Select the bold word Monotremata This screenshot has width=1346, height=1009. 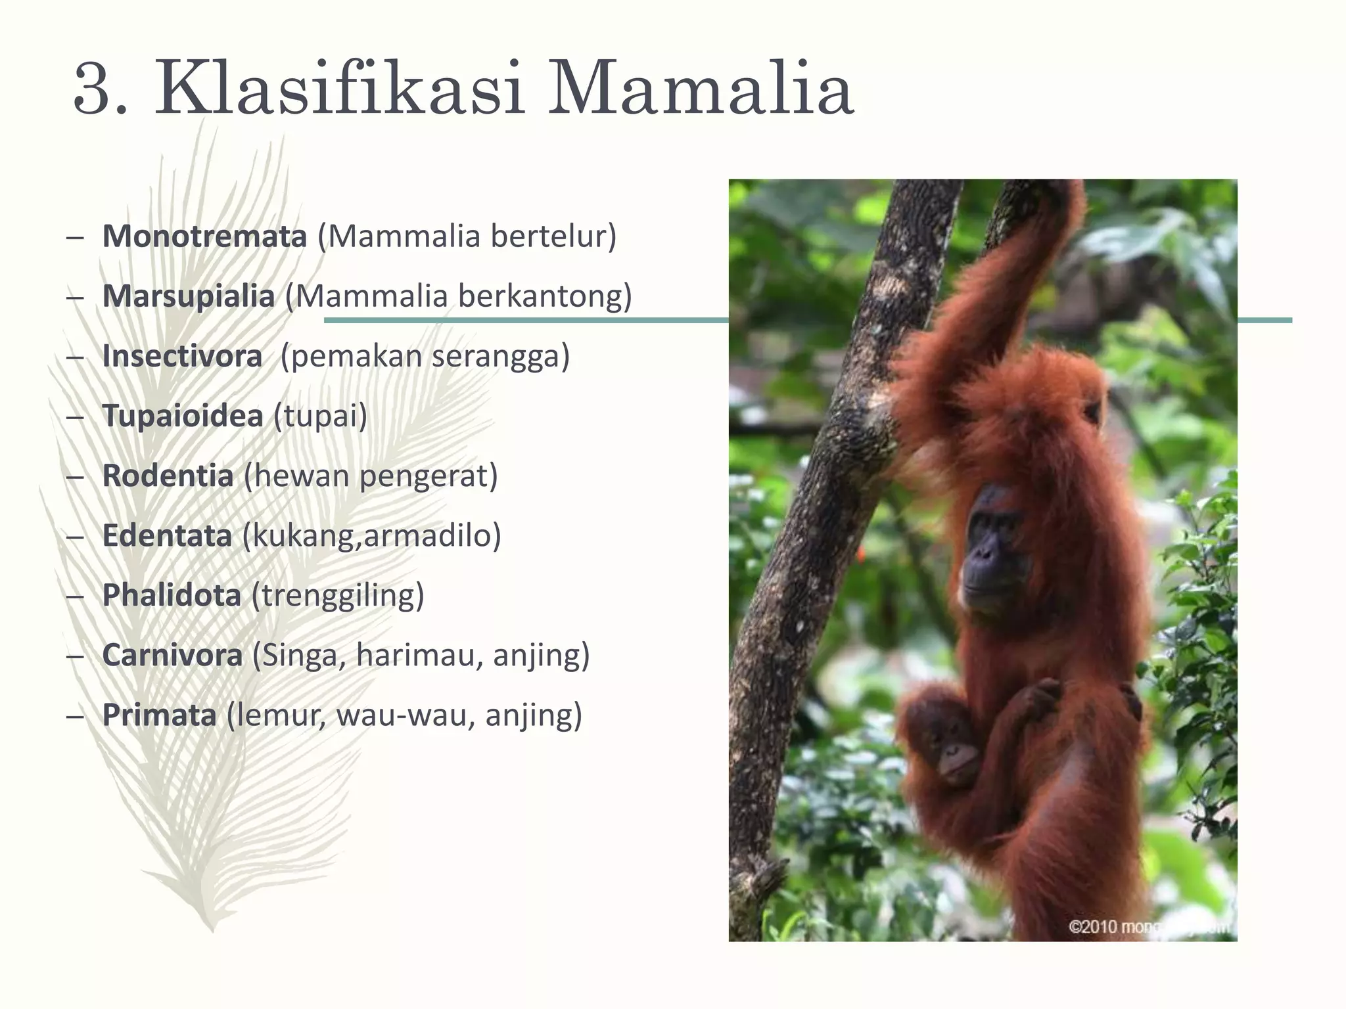tap(204, 236)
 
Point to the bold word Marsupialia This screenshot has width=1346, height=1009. tap(188, 296)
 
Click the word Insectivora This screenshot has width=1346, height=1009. tap(182, 356)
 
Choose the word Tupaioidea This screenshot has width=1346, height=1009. tap(183, 416)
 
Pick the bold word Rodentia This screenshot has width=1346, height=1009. tap(168, 476)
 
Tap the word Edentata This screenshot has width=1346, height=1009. tap(167, 535)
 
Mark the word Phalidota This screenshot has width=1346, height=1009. tap(172, 595)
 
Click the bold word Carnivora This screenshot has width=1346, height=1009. tap(172, 655)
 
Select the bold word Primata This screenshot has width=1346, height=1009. tap(159, 715)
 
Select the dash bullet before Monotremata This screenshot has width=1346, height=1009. tap(75, 237)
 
